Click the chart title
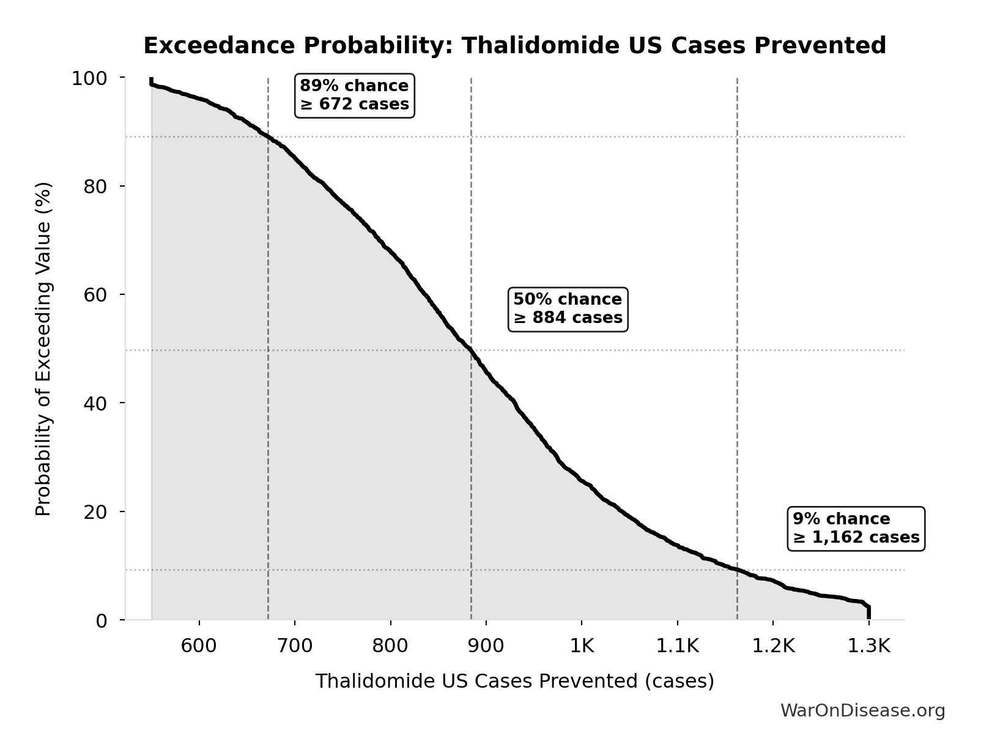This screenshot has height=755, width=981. (x=514, y=46)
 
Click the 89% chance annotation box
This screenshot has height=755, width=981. (x=354, y=95)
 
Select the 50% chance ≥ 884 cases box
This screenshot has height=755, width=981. (x=568, y=308)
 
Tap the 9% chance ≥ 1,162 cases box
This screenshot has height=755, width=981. (x=856, y=528)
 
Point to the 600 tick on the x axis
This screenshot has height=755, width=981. (x=199, y=646)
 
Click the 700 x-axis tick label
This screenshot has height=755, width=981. (x=295, y=646)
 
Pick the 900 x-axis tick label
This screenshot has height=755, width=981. (x=486, y=646)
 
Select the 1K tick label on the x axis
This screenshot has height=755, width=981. (x=582, y=646)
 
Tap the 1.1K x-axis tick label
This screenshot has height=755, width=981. (x=677, y=646)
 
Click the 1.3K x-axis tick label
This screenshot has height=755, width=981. (x=868, y=646)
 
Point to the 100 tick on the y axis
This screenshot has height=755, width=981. (x=89, y=78)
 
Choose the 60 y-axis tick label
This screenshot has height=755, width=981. (x=95, y=295)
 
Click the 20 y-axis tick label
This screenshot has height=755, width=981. (x=95, y=511)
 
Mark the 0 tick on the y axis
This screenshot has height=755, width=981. (x=102, y=620)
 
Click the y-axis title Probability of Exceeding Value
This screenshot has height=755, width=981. (x=43, y=349)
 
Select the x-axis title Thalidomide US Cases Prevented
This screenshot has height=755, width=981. (x=514, y=681)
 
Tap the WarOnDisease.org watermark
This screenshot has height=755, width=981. (x=862, y=710)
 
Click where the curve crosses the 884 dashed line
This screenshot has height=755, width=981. (x=471, y=350)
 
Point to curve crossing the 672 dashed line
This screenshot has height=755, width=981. (x=268, y=136)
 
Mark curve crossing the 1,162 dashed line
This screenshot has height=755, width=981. (x=737, y=570)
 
